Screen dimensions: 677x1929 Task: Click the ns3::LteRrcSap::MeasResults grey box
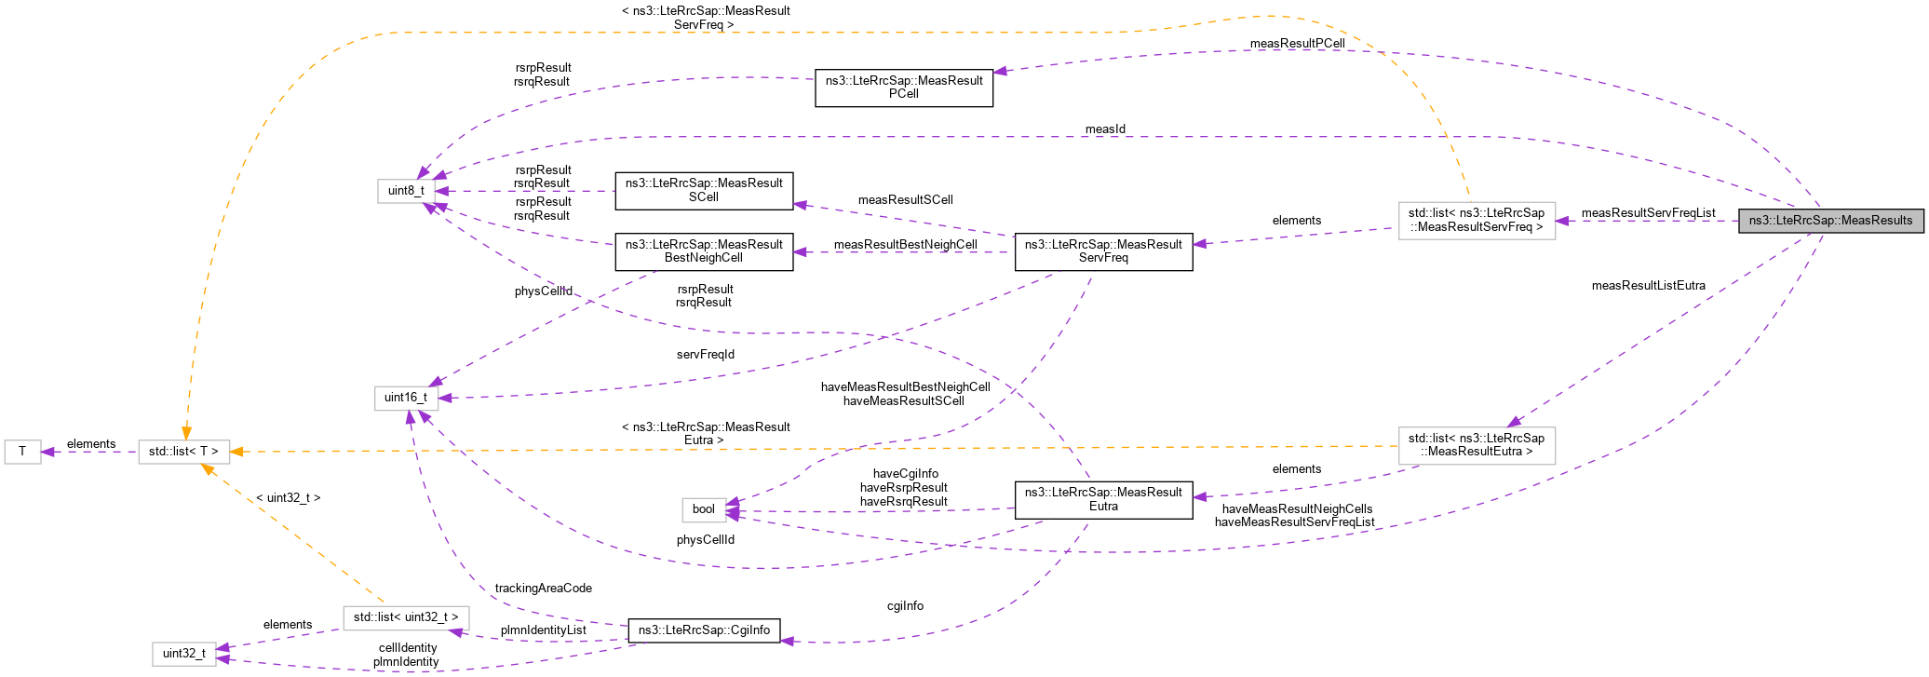(x=1830, y=221)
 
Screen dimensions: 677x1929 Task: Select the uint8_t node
(x=406, y=191)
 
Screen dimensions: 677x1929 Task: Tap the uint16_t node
(x=406, y=398)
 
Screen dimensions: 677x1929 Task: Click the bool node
(x=704, y=509)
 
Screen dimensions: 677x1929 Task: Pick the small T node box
(x=22, y=452)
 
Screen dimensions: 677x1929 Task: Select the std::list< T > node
(x=183, y=452)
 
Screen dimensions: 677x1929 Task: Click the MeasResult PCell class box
(x=903, y=88)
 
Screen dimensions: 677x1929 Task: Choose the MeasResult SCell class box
(x=704, y=190)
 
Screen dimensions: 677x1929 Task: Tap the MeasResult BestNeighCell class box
(x=704, y=251)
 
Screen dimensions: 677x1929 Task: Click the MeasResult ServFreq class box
(x=1103, y=251)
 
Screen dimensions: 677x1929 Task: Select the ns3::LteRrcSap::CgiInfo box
(x=704, y=630)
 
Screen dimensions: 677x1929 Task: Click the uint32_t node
(x=184, y=654)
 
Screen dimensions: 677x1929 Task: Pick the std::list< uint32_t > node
(x=406, y=617)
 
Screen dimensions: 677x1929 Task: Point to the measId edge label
(x=1105, y=129)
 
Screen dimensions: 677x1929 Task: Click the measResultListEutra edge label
(x=1648, y=286)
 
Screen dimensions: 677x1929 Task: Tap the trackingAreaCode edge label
(x=543, y=589)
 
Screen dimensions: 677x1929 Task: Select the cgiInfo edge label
(x=905, y=606)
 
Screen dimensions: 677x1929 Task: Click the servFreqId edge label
(x=705, y=355)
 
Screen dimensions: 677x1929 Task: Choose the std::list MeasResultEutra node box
(x=1476, y=445)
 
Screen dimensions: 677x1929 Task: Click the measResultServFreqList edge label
(x=1648, y=213)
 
